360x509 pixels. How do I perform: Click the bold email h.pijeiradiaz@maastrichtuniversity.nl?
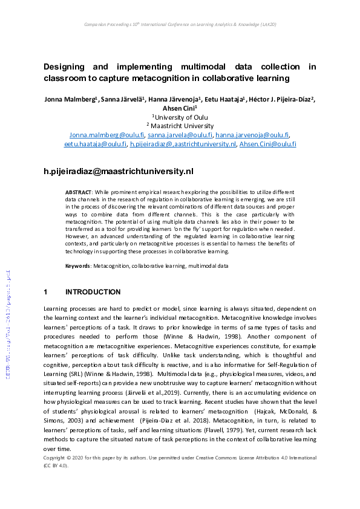click(x=119, y=172)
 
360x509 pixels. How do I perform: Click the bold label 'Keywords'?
click(x=79, y=266)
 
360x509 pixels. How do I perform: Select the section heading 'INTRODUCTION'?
click(x=93, y=292)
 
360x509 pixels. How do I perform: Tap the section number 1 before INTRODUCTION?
click(x=45, y=292)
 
